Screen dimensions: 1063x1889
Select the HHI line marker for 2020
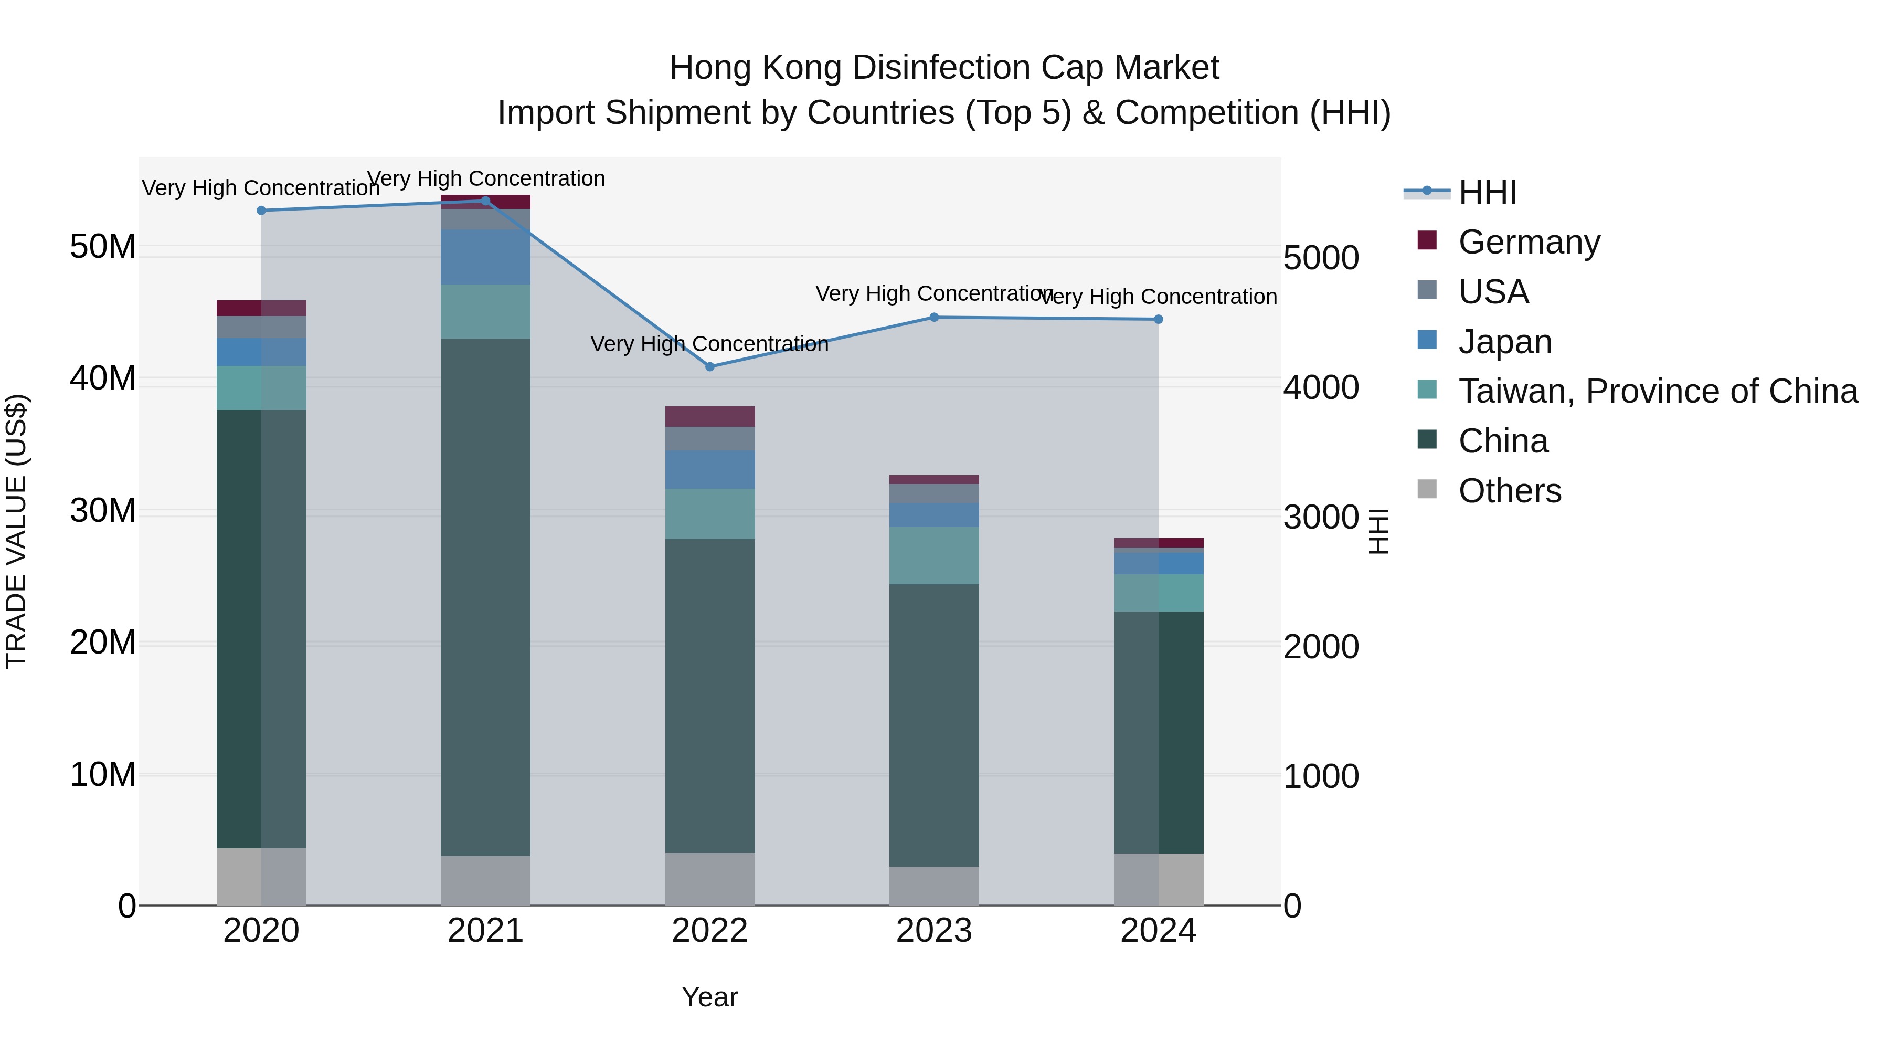click(x=261, y=211)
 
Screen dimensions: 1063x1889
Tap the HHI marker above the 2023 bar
click(x=933, y=318)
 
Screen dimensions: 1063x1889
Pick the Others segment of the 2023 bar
click(x=933, y=886)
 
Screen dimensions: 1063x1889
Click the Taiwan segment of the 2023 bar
click(x=933, y=555)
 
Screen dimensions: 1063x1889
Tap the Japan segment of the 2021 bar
click(x=485, y=257)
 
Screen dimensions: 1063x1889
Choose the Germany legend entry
click(x=1529, y=242)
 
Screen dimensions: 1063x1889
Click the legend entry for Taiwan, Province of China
click(x=1657, y=391)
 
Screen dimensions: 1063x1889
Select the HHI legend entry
click(x=1487, y=192)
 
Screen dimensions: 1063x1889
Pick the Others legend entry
click(x=1509, y=491)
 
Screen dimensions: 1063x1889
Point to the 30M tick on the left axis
click(x=103, y=511)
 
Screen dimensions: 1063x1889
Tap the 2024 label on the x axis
click(x=1158, y=931)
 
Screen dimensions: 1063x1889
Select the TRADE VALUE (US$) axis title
click(x=16, y=531)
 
